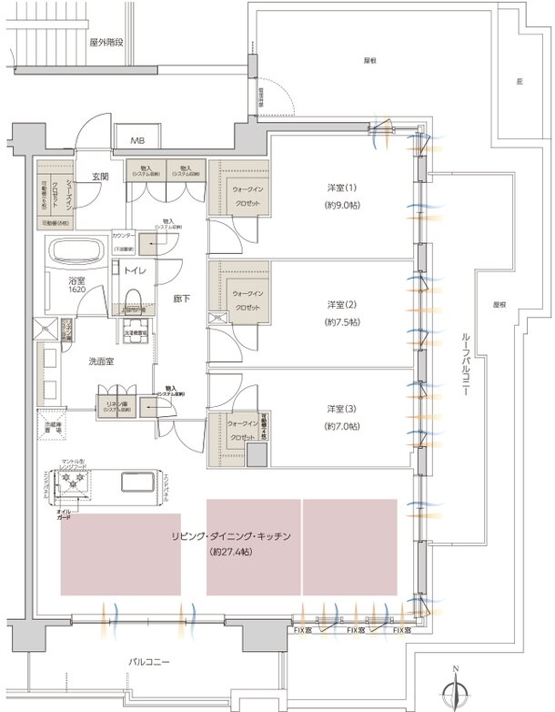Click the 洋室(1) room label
[x=342, y=188]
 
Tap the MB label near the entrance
[x=137, y=140]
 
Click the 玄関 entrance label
[x=99, y=176]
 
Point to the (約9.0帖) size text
[x=342, y=207]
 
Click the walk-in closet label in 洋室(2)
[x=245, y=300]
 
